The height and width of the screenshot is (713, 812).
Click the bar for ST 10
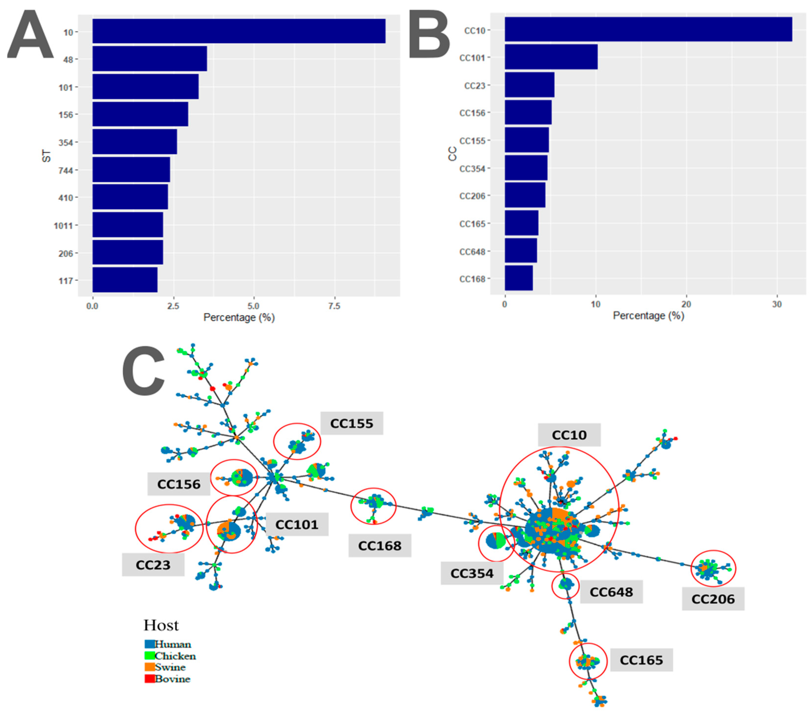pyautogui.click(x=238, y=31)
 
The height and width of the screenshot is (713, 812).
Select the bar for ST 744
pyautogui.click(x=131, y=170)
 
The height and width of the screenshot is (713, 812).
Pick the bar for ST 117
pyautogui.click(x=125, y=280)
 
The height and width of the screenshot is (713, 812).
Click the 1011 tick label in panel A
pyautogui.click(x=64, y=226)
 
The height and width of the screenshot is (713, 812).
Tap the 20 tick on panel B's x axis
pyautogui.click(x=686, y=304)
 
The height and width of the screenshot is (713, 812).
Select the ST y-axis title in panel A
pyautogui.click(x=47, y=156)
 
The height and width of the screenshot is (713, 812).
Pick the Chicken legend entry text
pyautogui.click(x=175, y=656)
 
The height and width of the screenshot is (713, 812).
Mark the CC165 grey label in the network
pyautogui.click(x=641, y=660)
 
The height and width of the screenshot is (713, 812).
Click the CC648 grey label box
pyautogui.click(x=611, y=592)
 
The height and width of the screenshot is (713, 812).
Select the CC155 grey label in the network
pyautogui.click(x=351, y=423)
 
